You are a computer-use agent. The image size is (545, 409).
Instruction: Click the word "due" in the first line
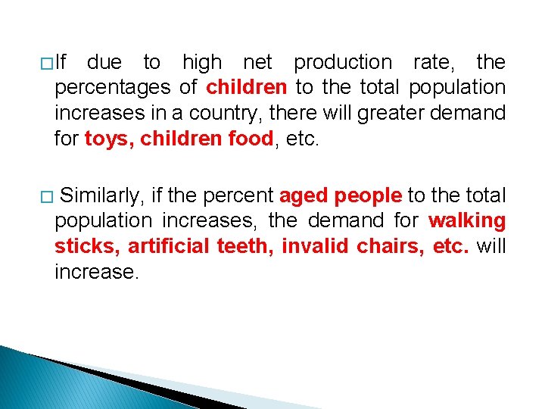(x=104, y=62)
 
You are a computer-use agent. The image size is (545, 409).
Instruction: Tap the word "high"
(x=202, y=62)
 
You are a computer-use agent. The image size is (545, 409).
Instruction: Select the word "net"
(x=257, y=62)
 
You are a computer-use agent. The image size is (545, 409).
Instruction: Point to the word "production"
(x=343, y=62)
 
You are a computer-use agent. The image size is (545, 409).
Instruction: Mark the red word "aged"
(x=304, y=195)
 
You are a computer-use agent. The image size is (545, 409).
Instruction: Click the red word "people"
(x=368, y=195)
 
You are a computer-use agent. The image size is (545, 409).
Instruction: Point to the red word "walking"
(x=467, y=221)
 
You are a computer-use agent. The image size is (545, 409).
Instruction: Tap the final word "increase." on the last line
(x=97, y=273)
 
